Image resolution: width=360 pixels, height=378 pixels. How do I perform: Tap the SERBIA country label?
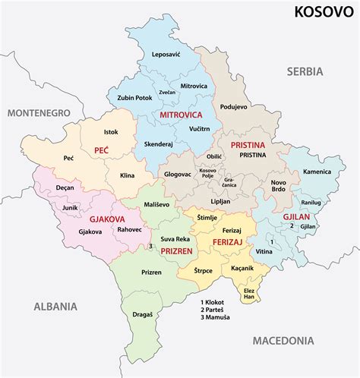(305, 71)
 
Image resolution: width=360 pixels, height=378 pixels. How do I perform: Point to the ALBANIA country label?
(55, 307)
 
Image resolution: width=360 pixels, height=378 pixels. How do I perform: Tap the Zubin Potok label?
(136, 99)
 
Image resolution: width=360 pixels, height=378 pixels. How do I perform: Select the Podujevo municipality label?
(232, 107)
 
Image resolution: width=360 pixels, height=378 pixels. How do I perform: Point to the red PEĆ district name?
(102, 150)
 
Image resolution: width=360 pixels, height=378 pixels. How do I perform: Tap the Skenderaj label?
(159, 143)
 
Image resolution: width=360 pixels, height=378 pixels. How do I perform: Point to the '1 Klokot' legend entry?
(216, 301)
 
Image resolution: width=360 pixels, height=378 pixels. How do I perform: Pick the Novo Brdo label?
(279, 187)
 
